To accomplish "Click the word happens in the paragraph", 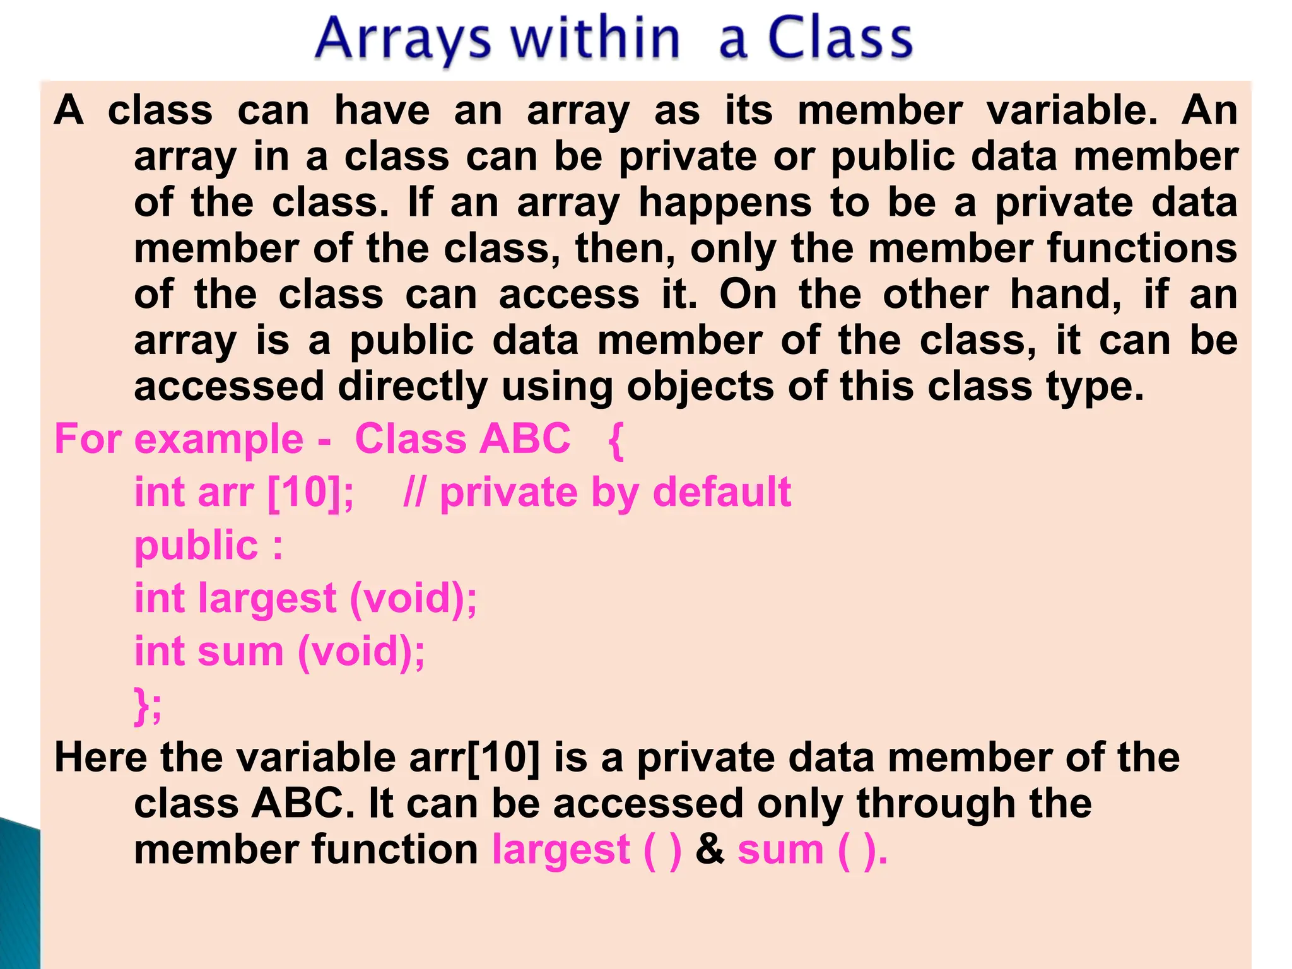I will coord(725,203).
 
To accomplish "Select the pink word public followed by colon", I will coord(196,546).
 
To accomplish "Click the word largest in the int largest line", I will coord(267,599).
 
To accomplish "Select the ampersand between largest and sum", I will coord(710,849).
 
